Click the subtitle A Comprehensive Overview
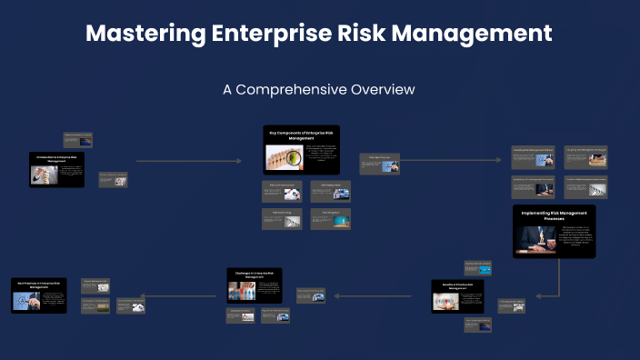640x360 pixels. coord(319,90)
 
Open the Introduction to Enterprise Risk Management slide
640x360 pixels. coord(56,169)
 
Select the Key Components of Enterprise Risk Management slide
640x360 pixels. coord(301,149)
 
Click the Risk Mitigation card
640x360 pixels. coord(330,219)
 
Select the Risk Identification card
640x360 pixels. coord(379,164)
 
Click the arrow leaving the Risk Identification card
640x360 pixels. coord(450,161)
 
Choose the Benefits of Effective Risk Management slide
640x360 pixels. coord(459,296)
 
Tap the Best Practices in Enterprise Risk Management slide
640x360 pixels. coord(39,295)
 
